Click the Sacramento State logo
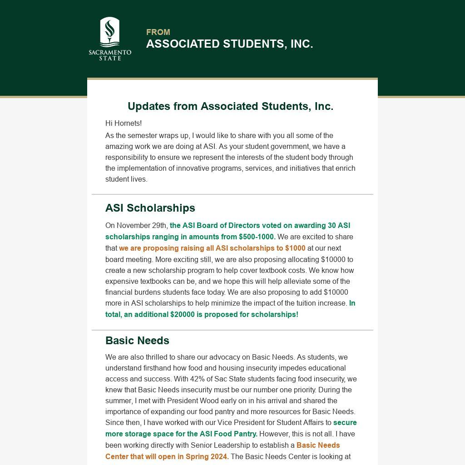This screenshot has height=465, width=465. pyautogui.click(x=110, y=39)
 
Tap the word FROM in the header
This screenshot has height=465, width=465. pyautogui.click(x=158, y=32)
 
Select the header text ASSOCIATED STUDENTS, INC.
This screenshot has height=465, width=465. pyautogui.click(x=229, y=44)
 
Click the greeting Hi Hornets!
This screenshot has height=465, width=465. pyautogui.click(x=124, y=123)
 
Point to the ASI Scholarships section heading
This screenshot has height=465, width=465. pyautogui.click(x=150, y=208)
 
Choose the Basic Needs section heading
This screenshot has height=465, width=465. pyautogui.click(x=137, y=341)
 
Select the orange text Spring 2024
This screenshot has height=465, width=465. pyautogui.click(x=207, y=457)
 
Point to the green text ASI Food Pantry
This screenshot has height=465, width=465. pyautogui.click(x=231, y=434)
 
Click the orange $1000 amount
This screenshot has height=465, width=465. pyautogui.click(x=295, y=248)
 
